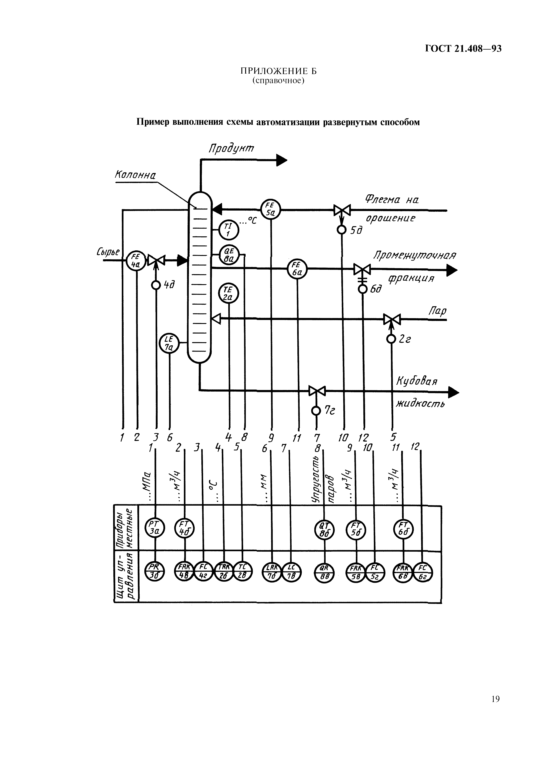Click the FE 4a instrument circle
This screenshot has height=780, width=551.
point(136,261)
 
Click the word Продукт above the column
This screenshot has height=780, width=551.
point(231,149)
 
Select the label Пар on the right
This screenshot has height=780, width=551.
point(438,311)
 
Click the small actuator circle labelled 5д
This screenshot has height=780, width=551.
point(341,230)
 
